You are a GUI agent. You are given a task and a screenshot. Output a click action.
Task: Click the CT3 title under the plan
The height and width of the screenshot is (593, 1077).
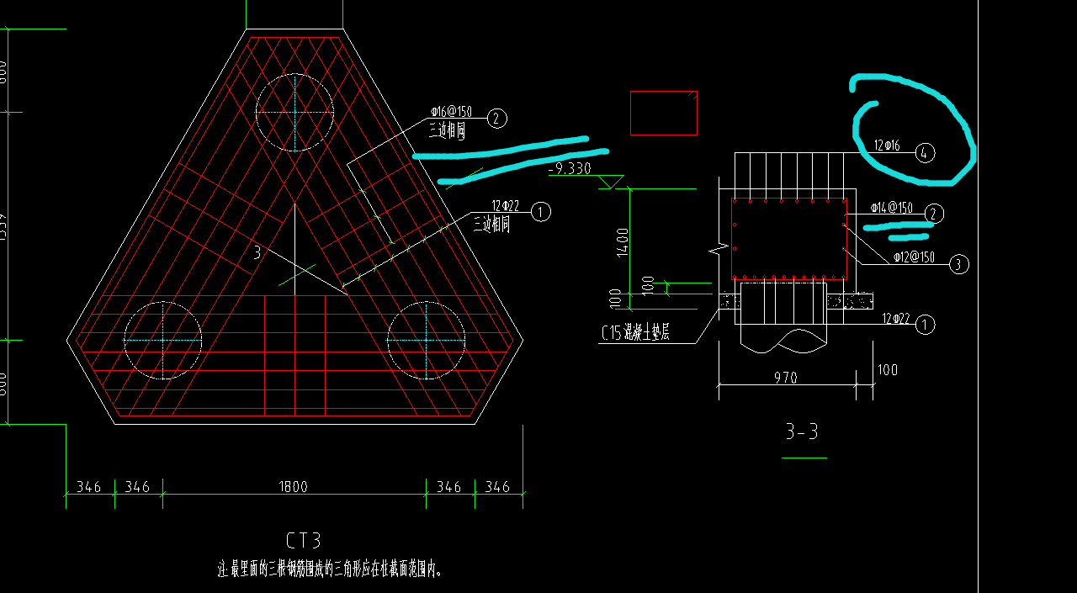tap(304, 540)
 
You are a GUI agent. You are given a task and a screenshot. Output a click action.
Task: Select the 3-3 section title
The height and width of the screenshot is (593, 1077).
tap(802, 432)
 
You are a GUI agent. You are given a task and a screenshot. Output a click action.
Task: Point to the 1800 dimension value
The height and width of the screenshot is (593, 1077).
tap(294, 486)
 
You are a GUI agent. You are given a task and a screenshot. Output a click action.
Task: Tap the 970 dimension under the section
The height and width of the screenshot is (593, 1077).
tap(785, 379)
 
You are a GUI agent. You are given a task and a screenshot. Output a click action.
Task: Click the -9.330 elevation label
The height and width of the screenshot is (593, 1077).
tap(570, 169)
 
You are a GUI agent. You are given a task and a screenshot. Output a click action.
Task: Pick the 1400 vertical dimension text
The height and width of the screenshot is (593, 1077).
tap(623, 241)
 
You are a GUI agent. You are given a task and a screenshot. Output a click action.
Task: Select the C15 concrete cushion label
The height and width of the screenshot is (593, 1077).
tap(635, 333)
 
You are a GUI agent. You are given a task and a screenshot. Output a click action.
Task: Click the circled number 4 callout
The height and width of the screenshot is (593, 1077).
tap(925, 153)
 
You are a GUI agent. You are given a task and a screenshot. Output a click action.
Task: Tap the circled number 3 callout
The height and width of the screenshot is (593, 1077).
tap(958, 264)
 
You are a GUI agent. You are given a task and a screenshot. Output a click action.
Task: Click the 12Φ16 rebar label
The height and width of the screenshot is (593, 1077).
tap(887, 146)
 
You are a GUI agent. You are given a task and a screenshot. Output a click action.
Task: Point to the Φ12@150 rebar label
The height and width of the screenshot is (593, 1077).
tap(914, 257)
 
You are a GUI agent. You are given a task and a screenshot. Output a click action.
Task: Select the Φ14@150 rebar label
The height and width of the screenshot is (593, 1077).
tap(891, 207)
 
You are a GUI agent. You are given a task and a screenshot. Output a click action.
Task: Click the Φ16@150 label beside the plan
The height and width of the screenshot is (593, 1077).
tap(451, 112)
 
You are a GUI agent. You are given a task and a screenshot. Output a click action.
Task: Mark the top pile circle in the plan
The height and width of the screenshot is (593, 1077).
tap(294, 112)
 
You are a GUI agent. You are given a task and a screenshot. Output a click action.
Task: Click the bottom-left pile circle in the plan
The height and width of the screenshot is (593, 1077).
tap(162, 341)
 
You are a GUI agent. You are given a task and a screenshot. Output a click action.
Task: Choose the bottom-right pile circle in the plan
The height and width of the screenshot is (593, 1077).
tap(426, 341)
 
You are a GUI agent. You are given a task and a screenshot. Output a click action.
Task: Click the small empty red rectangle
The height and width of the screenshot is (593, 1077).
tap(664, 113)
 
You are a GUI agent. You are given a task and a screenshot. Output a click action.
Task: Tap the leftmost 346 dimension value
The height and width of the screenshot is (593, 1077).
tap(89, 486)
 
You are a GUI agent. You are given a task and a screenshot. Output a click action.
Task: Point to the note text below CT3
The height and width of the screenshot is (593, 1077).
tap(330, 569)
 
